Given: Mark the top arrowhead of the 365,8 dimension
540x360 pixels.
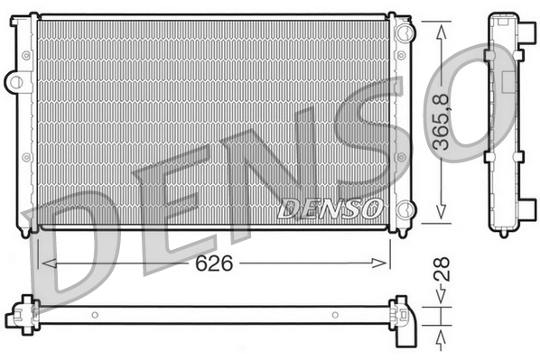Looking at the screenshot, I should click(442, 29).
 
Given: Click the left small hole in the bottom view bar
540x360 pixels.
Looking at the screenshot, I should click(96, 315).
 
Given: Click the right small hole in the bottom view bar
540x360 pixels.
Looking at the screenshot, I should click(334, 315).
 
